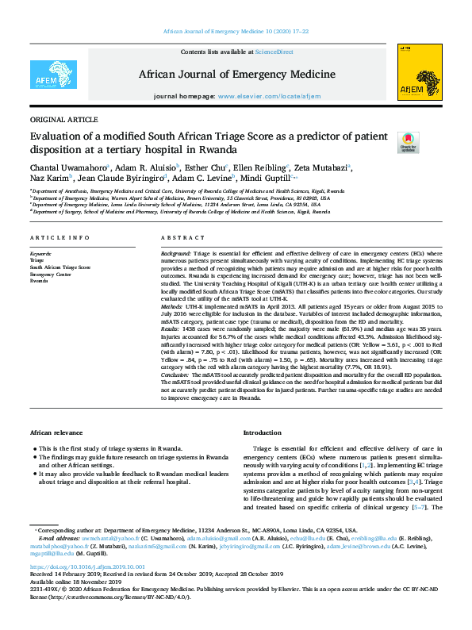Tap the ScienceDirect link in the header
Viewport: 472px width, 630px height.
pos(274,52)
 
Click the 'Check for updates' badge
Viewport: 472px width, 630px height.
pos(408,142)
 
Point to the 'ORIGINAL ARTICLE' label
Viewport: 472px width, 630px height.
pos(59,118)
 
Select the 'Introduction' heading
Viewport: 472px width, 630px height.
pos(262,432)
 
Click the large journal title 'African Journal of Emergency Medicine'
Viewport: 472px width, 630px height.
pos(236,74)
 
